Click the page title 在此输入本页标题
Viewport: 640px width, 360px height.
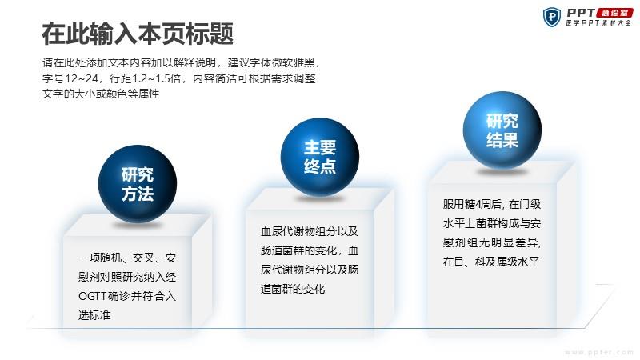click(x=138, y=34)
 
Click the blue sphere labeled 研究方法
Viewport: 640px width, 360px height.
click(x=138, y=184)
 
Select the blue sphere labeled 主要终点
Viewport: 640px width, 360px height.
click(x=319, y=157)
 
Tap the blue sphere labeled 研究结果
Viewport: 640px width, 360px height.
click(x=502, y=130)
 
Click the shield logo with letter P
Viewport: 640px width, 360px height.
click(x=552, y=17)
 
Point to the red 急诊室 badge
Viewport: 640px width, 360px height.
click(x=614, y=13)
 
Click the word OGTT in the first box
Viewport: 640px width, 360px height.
click(x=92, y=296)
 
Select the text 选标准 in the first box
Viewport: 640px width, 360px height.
click(x=94, y=315)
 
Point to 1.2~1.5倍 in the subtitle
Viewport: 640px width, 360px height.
click(x=156, y=78)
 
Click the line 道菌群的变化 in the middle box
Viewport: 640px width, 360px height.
click(x=293, y=289)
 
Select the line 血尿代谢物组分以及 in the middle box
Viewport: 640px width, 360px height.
click(x=310, y=231)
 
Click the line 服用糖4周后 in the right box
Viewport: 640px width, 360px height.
click(x=473, y=204)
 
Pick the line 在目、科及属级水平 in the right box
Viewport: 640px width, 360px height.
click(x=491, y=262)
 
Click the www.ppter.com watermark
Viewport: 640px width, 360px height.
click(x=599, y=352)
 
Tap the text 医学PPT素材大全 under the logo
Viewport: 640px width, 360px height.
click(x=598, y=23)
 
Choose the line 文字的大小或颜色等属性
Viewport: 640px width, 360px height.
click(x=101, y=94)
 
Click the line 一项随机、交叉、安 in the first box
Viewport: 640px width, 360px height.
click(x=127, y=258)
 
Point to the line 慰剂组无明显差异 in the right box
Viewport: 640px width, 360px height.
click(x=492, y=242)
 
